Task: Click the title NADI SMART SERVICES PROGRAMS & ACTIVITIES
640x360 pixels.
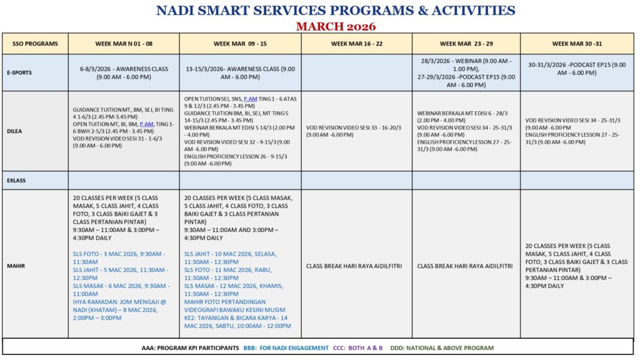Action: pos(336,11)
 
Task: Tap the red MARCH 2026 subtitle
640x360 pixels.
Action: pos(336,26)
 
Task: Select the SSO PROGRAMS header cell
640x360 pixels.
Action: pos(35,44)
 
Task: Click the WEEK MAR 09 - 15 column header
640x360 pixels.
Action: pos(240,44)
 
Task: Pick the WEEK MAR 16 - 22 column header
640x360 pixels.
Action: pos(357,44)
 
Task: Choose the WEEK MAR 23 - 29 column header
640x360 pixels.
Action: pos(466,44)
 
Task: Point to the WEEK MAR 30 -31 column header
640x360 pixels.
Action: pos(577,44)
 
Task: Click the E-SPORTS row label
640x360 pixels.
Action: pos(20,72)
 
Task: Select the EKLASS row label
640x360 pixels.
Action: pos(17,180)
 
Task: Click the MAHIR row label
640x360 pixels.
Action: pos(17,266)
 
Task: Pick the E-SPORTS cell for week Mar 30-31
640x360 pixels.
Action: pos(577,69)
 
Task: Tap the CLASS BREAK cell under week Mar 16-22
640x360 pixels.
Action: pos(354,266)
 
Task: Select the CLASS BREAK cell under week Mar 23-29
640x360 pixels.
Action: pos(465,266)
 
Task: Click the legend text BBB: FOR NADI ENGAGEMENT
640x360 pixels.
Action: pos(286,348)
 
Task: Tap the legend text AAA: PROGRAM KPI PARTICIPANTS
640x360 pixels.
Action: pos(190,348)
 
